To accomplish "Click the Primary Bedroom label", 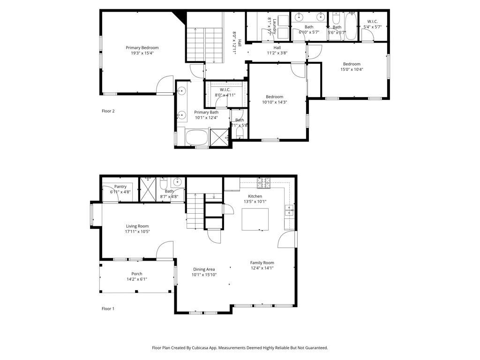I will (x=142, y=48).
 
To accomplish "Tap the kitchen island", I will (x=255, y=219).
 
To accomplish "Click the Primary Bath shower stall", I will (x=219, y=138).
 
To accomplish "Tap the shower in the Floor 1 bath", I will (x=149, y=189).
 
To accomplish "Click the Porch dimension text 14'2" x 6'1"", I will (x=137, y=279).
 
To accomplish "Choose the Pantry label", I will (x=120, y=187).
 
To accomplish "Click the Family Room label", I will (x=262, y=263).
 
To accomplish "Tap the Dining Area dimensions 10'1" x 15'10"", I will (x=204, y=275).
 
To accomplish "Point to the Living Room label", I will (x=137, y=226).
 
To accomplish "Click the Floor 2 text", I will (x=108, y=111).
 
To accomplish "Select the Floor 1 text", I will (x=108, y=308).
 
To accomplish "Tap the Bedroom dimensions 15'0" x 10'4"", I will (x=352, y=69).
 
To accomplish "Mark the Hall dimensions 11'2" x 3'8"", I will (x=277, y=53).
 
